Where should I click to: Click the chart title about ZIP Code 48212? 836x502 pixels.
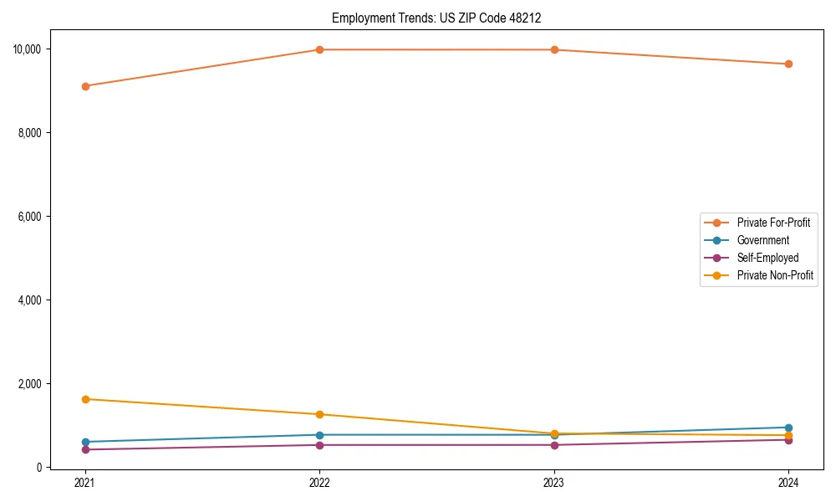pos(442,18)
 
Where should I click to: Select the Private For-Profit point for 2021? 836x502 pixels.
pos(84,86)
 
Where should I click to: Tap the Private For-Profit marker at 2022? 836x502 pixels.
pos(319,49)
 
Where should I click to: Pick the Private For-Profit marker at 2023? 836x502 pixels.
pos(554,49)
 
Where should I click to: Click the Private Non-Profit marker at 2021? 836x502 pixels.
pos(84,399)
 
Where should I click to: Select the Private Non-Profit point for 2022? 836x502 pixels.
pos(319,414)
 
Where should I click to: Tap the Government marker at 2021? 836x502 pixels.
pos(84,442)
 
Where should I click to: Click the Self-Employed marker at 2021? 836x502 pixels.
pos(84,449)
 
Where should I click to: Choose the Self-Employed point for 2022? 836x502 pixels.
pos(319,445)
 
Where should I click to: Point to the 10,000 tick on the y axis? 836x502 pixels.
pos(28,49)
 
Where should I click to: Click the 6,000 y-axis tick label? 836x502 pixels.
pos(32,217)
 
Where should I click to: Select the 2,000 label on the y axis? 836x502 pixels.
pos(32,384)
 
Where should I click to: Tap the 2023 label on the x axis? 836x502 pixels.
pos(554,483)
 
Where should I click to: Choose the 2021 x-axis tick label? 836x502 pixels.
pos(84,483)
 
